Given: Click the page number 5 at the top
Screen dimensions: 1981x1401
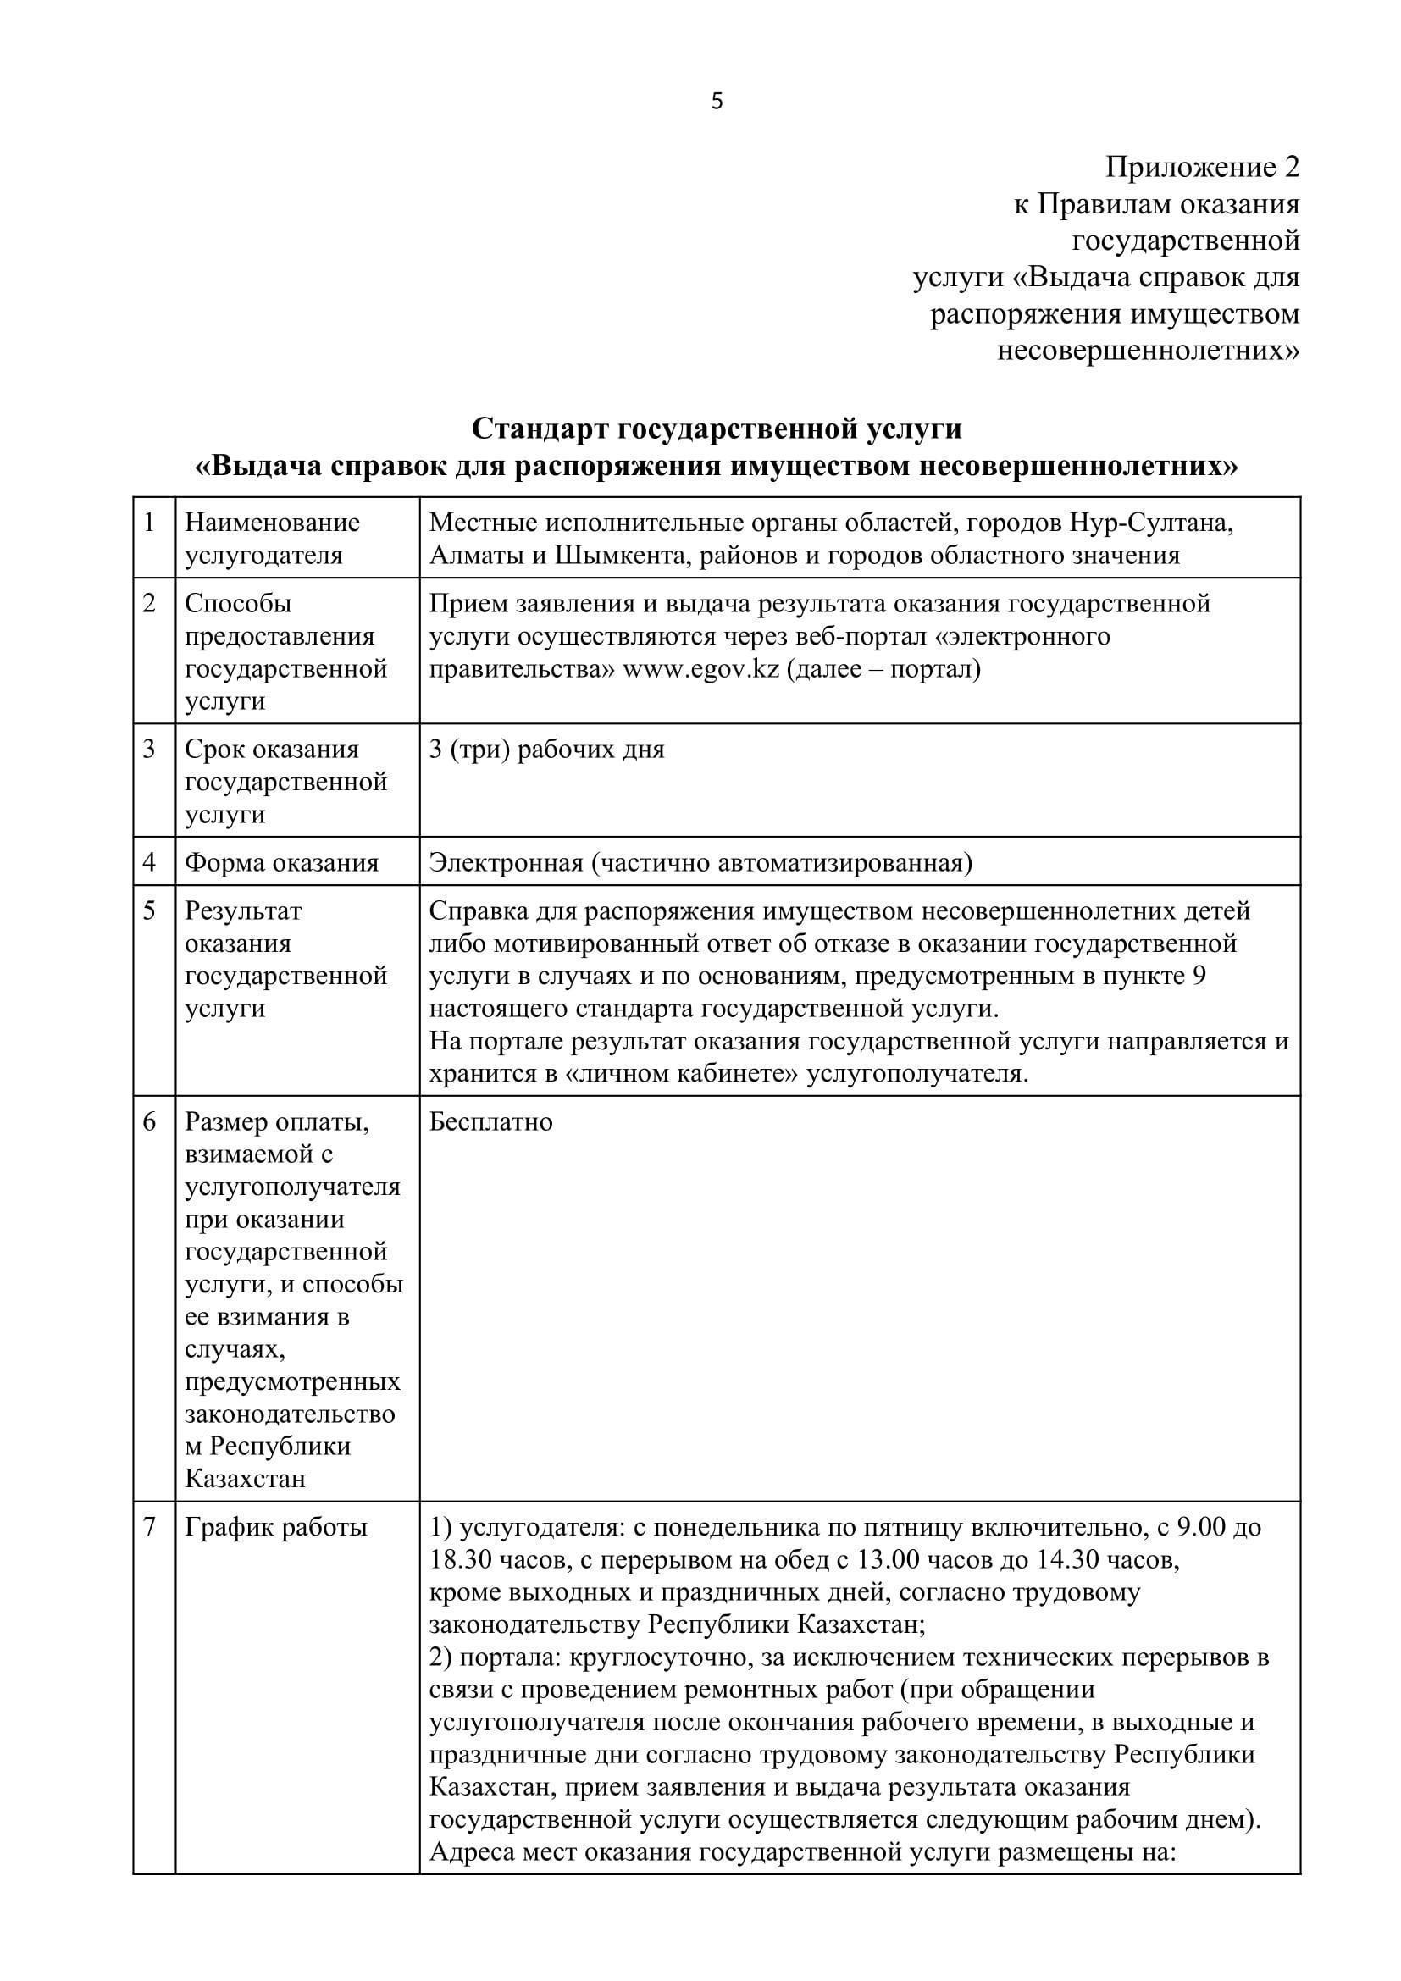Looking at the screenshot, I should pos(717,102).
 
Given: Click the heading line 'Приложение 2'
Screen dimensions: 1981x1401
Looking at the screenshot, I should pos(1202,167).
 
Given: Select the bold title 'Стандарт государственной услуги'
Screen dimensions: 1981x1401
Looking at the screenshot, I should pos(716,428).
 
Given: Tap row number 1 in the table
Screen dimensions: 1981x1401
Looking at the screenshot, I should pos(149,522).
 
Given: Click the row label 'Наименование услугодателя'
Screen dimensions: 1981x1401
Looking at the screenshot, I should pos(272,539).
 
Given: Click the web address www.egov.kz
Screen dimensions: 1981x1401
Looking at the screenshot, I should pos(700,669).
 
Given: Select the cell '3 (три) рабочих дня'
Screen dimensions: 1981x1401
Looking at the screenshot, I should pos(547,749).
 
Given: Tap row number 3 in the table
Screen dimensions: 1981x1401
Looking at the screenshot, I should pos(149,749).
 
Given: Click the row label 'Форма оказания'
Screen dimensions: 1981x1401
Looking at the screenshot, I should pos(281,862).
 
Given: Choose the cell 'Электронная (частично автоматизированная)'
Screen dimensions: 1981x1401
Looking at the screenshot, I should pos(700,862).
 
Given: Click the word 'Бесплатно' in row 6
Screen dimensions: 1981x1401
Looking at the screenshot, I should pos(491,1121).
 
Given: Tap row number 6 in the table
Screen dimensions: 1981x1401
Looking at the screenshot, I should pos(149,1121).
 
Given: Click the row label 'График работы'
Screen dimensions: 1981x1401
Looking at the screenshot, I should pos(276,1527).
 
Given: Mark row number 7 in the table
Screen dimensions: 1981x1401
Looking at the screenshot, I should pos(149,1527).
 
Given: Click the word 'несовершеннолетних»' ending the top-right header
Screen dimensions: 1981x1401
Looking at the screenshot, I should pos(1148,351).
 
